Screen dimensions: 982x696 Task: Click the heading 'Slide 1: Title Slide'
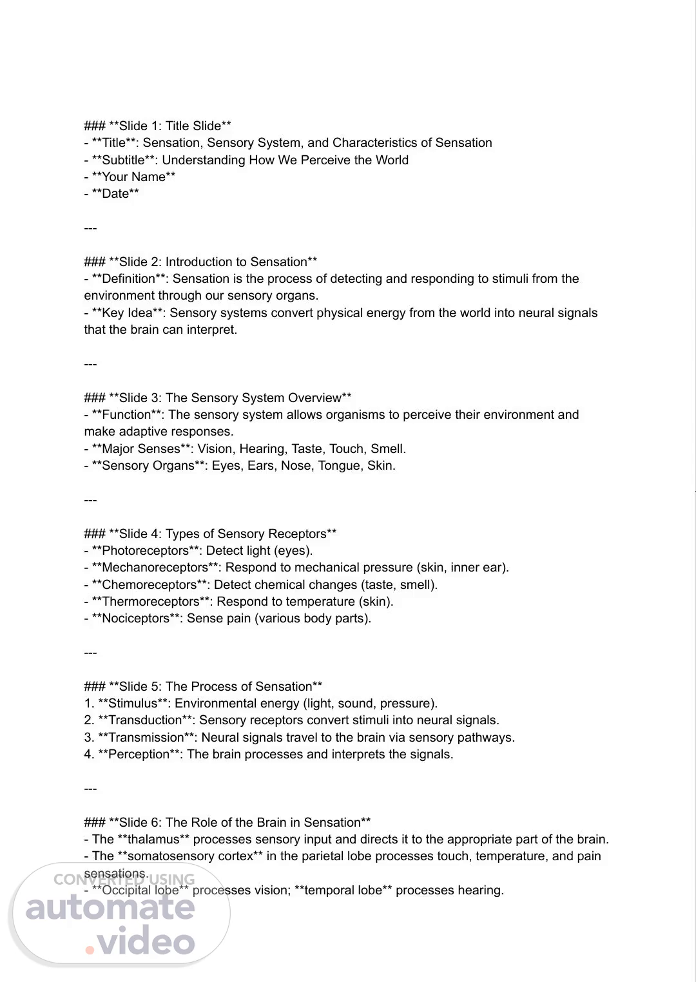(x=169, y=126)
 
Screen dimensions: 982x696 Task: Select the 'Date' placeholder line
(x=115, y=193)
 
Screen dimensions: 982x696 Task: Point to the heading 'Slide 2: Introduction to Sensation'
(x=213, y=262)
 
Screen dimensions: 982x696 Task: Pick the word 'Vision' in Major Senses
(x=217, y=448)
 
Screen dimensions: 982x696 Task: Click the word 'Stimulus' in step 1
(x=133, y=703)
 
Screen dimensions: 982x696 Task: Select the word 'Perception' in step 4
(x=139, y=754)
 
